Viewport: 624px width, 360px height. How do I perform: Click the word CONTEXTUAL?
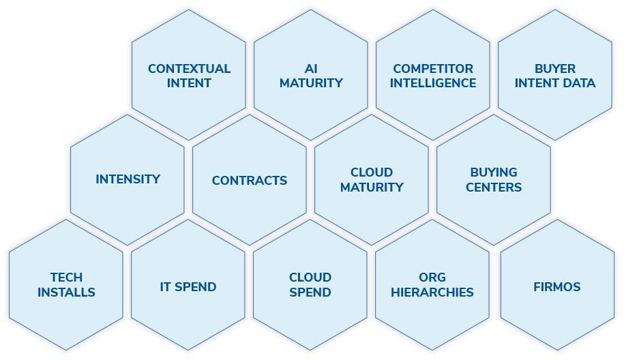(189, 69)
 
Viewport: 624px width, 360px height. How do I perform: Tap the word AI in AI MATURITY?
(311, 69)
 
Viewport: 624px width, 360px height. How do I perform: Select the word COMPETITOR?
(433, 69)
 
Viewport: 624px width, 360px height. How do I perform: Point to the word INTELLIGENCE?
(433, 83)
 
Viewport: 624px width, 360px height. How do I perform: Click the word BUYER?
(555, 69)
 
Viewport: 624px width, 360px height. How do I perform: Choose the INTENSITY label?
(128, 179)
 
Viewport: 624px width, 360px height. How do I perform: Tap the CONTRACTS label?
(250, 181)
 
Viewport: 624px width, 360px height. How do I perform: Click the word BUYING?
(494, 172)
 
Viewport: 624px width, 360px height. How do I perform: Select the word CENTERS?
(494, 187)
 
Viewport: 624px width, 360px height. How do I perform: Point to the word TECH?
(66, 277)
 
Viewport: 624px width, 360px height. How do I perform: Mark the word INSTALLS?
(66, 292)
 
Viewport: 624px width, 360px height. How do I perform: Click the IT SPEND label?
(188, 287)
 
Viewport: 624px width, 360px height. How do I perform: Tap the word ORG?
(432, 277)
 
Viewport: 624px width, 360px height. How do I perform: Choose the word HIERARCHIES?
(432, 292)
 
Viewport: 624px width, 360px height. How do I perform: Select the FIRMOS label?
(557, 287)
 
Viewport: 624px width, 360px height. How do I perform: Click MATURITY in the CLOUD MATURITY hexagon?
(372, 187)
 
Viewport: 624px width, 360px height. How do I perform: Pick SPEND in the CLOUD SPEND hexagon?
(310, 292)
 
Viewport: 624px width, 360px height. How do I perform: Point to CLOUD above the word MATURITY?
(372, 172)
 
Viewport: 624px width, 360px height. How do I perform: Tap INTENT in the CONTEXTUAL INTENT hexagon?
(189, 83)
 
